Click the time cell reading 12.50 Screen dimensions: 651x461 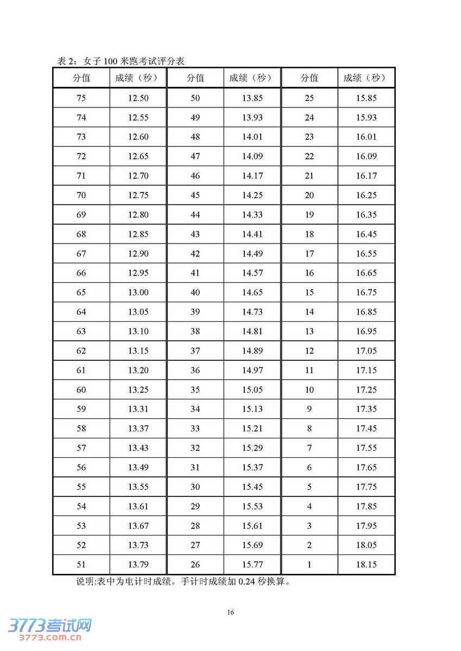(138, 98)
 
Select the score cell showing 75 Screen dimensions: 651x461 (81, 98)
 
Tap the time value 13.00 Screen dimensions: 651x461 (138, 292)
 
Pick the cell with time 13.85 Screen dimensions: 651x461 (252, 98)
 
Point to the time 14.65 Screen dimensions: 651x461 (252, 292)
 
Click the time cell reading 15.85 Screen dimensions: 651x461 (366, 98)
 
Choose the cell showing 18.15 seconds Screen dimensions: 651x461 (366, 565)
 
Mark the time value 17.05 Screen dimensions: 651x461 (366, 351)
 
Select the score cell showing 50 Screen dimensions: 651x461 (195, 98)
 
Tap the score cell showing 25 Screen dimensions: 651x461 (310, 98)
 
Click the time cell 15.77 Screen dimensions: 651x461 (252, 565)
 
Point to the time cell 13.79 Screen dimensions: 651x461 (138, 565)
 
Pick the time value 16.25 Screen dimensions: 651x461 (366, 195)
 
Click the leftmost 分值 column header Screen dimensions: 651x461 (81, 78)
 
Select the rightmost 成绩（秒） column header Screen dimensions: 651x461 (366, 78)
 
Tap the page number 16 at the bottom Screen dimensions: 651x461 (231, 612)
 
